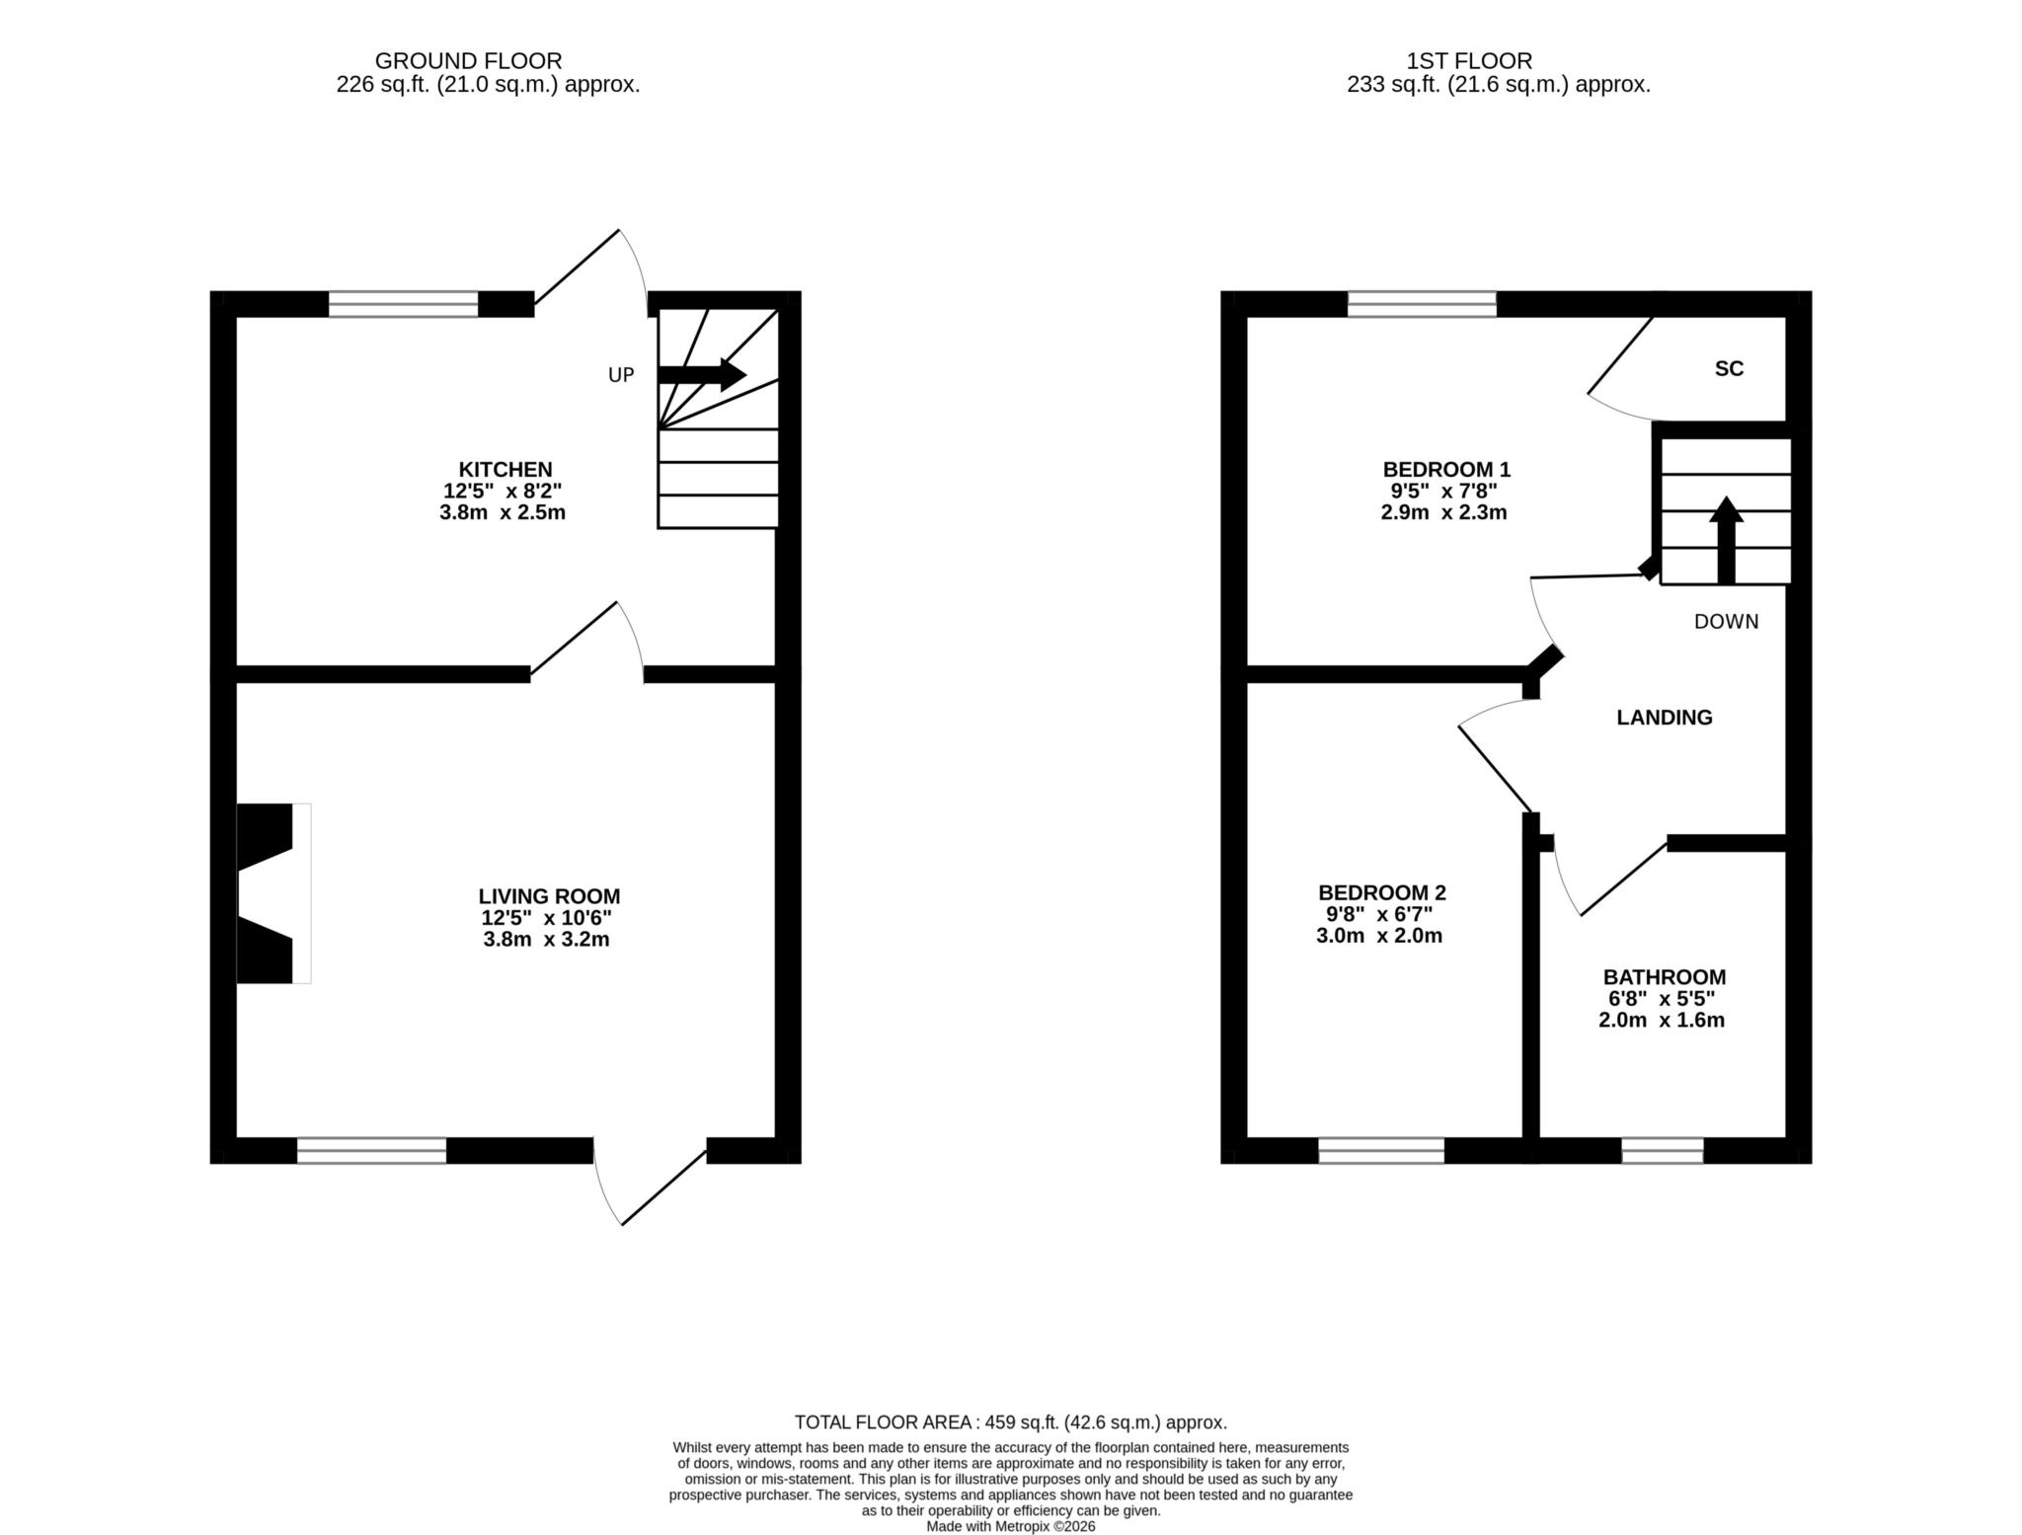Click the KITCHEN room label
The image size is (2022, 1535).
[x=505, y=470]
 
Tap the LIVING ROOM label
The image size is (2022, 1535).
[x=549, y=896]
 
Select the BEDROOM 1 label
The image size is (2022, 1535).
[x=1446, y=470]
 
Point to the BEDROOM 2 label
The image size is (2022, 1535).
[x=1382, y=893]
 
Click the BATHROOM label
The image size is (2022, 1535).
[x=1665, y=977]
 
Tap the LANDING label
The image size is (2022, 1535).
[x=1665, y=718]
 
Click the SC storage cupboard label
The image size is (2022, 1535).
[x=1729, y=369]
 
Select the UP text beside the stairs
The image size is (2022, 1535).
[x=621, y=375]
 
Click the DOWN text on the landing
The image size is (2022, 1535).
[x=1727, y=622]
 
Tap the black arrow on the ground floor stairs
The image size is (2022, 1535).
[x=702, y=374]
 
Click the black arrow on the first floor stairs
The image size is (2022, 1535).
[x=1726, y=540]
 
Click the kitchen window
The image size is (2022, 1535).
[x=403, y=304]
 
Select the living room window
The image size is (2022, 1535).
[x=371, y=1150]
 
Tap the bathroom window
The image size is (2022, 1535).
[x=1663, y=1150]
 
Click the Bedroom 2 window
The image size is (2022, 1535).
[x=1381, y=1150]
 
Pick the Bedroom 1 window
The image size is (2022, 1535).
[x=1422, y=304]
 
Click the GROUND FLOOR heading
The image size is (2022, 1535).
[x=468, y=61]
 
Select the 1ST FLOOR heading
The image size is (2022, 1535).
[x=1469, y=61]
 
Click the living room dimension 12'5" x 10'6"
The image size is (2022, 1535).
[x=546, y=918]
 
